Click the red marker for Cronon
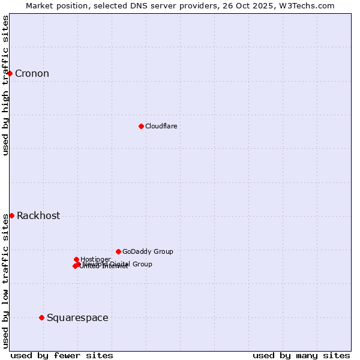point(10,73)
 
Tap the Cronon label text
point(32,74)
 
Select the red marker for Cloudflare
point(141,126)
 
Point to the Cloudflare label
point(161,126)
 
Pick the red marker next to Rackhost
point(11,215)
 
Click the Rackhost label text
point(38,216)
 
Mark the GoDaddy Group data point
point(118,251)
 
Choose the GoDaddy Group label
point(148,251)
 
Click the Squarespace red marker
point(41,317)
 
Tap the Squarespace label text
point(77,318)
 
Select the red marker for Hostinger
point(76,259)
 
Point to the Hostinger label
point(95,259)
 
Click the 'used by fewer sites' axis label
point(61,355)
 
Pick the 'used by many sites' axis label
point(301,355)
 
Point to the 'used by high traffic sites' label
point(5,85)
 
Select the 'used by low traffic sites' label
point(5,281)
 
